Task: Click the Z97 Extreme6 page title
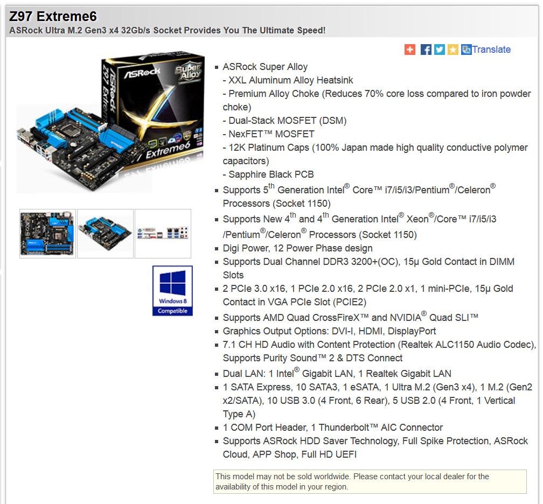pos(53,16)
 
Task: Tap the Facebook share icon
pos(426,50)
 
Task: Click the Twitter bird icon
pos(440,50)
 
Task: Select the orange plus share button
pos(410,50)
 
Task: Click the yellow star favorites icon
pos(453,50)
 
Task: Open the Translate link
pos(491,50)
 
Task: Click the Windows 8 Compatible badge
pos(172,290)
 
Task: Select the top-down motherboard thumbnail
pos(47,234)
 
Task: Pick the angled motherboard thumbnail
pos(105,234)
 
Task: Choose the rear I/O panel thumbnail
pos(163,234)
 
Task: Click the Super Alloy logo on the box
pos(188,72)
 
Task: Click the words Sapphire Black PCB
pos(271,174)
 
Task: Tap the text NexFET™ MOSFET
pos(271,134)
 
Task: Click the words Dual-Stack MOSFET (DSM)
pos(288,121)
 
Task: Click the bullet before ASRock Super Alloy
pos(217,67)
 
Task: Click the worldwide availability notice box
pos(370,481)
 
